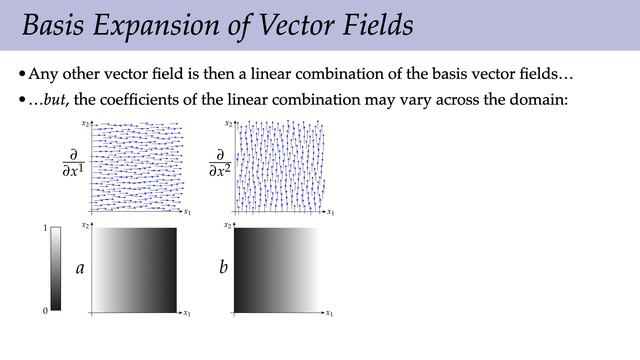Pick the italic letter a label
tap(80, 268)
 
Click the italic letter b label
tap(223, 268)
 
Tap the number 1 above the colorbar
tap(45, 229)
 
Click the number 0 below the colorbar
tap(45, 311)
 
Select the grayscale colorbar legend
tap(56, 268)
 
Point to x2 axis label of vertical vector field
tap(228, 124)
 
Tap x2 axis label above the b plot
tap(228, 226)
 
